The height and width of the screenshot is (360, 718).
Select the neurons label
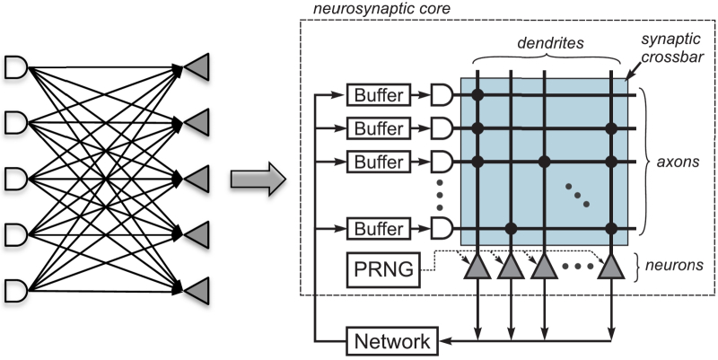(680, 267)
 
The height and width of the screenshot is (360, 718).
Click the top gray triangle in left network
(198, 66)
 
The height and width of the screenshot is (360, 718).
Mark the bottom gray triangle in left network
(198, 290)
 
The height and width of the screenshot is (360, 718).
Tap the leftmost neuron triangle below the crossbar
(477, 268)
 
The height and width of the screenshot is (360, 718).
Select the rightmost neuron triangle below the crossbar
(612, 268)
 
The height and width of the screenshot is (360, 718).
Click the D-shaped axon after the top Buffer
(442, 94)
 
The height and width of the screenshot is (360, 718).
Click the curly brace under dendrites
(541, 59)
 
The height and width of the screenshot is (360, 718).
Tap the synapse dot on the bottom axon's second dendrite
(511, 227)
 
